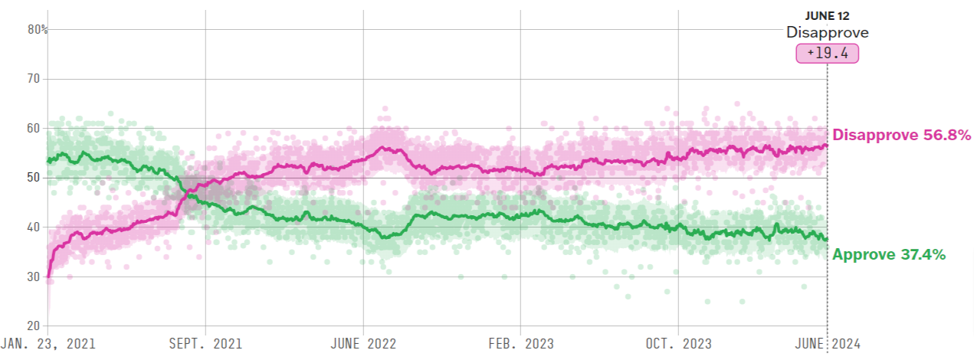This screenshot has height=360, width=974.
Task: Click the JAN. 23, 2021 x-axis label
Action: tap(48, 344)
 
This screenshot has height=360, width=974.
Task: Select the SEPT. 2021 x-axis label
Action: tap(205, 344)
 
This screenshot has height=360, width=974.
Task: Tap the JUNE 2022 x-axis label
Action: tap(364, 344)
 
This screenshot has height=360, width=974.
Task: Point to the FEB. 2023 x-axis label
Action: tap(520, 344)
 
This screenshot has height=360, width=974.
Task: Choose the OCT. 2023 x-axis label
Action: tap(678, 344)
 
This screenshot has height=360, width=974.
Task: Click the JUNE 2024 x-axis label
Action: tap(828, 344)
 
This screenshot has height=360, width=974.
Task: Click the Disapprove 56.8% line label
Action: tap(902, 136)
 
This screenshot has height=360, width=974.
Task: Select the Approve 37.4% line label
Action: tap(889, 255)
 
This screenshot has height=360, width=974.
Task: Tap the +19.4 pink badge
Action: tap(828, 54)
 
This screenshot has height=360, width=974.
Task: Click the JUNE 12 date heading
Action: tap(828, 15)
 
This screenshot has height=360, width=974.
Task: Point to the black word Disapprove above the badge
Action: tap(828, 33)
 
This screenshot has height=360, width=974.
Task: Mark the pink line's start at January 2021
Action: tap(48, 277)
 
